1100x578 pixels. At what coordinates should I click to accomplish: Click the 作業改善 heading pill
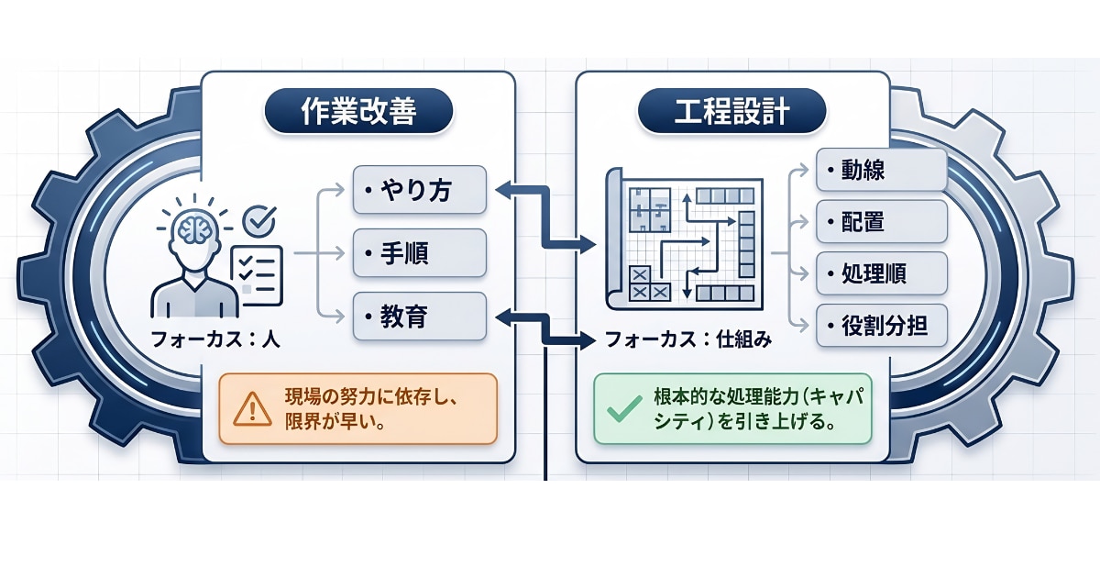358,112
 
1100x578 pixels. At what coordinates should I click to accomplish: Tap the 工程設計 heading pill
731,112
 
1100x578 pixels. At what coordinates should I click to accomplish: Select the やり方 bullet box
419,191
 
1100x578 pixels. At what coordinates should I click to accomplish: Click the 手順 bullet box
419,253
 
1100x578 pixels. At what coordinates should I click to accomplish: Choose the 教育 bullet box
419,317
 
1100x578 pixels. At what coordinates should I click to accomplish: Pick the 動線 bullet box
880,172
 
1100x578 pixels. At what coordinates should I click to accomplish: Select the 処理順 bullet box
880,273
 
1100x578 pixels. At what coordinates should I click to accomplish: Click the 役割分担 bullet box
880,325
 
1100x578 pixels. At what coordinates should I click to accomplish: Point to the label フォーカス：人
216,339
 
